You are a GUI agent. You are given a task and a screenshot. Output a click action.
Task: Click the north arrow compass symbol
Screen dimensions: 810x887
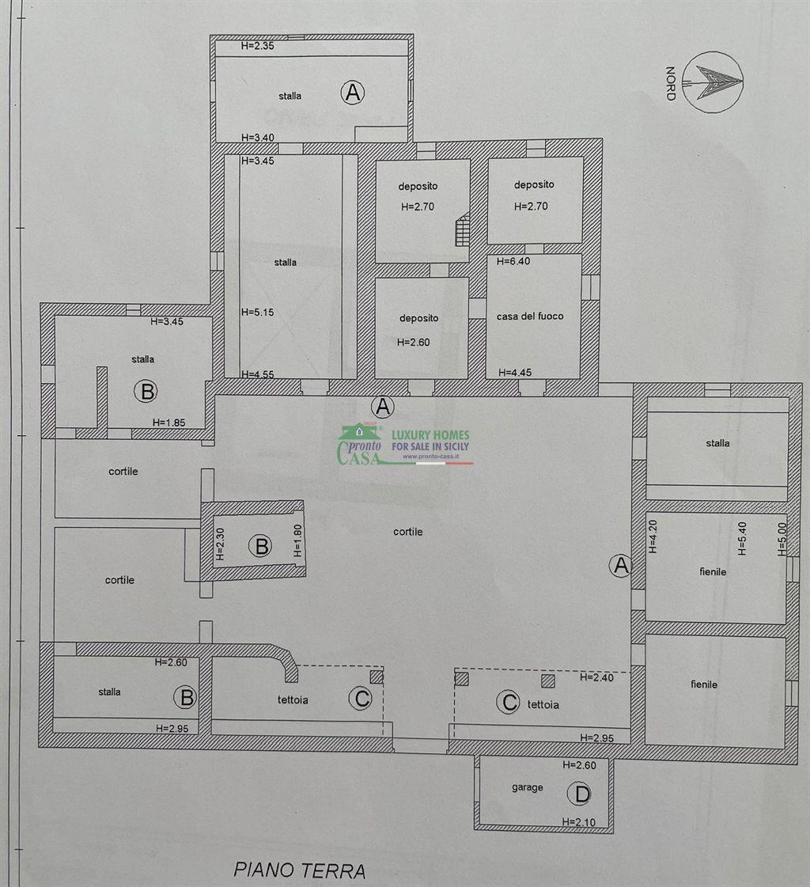(712, 82)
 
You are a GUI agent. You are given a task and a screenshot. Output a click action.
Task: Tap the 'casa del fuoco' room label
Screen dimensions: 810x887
(530, 317)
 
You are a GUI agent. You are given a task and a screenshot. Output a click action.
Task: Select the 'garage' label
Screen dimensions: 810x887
(527, 787)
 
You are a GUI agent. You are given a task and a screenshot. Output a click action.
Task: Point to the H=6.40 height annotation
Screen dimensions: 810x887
(513, 261)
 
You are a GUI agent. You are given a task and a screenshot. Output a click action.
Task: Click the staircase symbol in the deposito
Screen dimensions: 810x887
(463, 229)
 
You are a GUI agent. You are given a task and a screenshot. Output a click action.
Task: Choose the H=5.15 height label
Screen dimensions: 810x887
(257, 313)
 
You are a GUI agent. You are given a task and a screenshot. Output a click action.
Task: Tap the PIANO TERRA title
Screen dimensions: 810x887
(300, 870)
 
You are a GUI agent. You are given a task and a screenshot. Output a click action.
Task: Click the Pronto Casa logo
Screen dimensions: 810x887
(404, 445)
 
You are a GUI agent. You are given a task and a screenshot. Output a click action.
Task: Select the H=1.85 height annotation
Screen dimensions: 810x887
(168, 423)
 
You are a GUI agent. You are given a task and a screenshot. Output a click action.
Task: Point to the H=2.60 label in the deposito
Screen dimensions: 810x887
(413, 343)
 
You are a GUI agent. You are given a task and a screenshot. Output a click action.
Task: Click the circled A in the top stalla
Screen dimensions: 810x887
(352, 93)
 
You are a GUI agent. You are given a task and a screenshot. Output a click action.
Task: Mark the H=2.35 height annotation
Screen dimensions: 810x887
(257, 46)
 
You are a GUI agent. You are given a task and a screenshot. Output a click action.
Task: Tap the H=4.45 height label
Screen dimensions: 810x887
(515, 372)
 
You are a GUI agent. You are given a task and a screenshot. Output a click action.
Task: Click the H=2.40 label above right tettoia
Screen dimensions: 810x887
(596, 677)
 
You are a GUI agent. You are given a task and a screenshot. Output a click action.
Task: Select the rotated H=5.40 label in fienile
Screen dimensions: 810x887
(742, 539)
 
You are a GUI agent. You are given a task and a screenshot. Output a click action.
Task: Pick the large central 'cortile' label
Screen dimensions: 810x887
(408, 532)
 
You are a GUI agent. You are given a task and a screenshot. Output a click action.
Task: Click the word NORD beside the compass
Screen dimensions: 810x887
(671, 83)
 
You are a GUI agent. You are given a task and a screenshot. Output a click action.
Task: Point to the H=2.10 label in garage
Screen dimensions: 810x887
(579, 822)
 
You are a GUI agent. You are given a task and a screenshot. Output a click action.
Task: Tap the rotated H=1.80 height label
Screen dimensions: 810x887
(297, 540)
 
